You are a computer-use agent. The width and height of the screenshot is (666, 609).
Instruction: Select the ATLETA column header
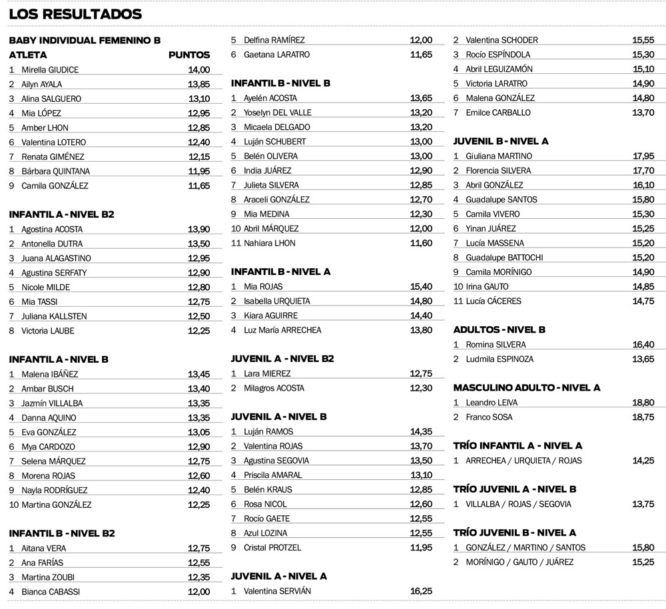point(28,55)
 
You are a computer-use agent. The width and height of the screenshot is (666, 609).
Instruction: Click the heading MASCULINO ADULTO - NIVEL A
point(527,388)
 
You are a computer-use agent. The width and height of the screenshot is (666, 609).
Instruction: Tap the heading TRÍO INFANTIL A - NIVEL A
point(517,446)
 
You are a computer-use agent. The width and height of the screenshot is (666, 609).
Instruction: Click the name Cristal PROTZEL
point(272,548)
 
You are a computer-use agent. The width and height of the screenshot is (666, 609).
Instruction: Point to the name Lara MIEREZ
point(267,374)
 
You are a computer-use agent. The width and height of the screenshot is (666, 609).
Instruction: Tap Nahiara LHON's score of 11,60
point(421,244)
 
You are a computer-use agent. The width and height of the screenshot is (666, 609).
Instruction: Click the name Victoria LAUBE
point(48,331)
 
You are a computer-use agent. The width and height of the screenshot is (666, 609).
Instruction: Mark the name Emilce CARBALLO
point(498,112)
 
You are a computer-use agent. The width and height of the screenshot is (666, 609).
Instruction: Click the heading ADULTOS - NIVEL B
point(499,330)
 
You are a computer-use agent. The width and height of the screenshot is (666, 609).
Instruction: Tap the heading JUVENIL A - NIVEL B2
point(282,359)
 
